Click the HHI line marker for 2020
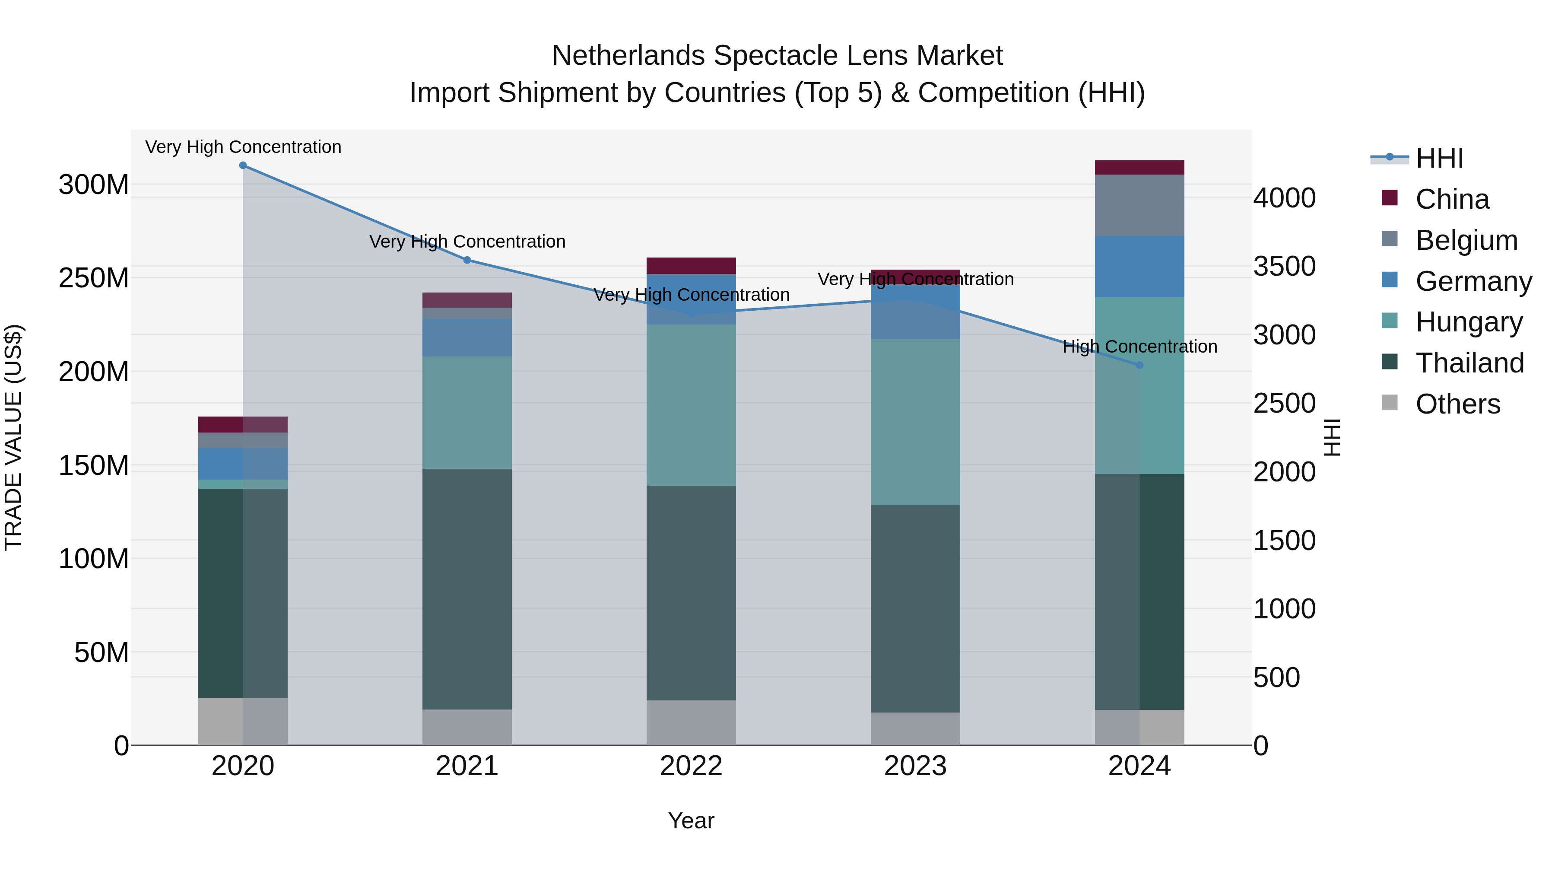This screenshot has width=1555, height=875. pos(243,165)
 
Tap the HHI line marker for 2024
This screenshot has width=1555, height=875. pos(1140,365)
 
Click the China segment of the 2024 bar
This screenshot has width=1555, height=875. pos(1140,167)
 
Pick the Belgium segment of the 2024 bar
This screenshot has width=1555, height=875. pos(1140,205)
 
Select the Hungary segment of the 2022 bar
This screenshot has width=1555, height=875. pos(691,404)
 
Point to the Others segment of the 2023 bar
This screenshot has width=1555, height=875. pos(915,729)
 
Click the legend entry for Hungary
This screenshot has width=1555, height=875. pos(1469,322)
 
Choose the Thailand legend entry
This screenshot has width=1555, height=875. pos(1469,363)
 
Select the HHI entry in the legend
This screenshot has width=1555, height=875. pos(1439,158)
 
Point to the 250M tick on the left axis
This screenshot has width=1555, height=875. pos(94,278)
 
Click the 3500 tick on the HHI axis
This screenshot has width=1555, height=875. pos(1285,266)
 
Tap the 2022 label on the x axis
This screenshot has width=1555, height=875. pos(691,766)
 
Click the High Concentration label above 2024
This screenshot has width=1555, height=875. pos(1140,347)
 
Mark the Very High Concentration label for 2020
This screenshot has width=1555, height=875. pos(243,147)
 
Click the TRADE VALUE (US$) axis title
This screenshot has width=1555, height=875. pos(13,437)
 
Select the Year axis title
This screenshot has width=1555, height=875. pos(691,821)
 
